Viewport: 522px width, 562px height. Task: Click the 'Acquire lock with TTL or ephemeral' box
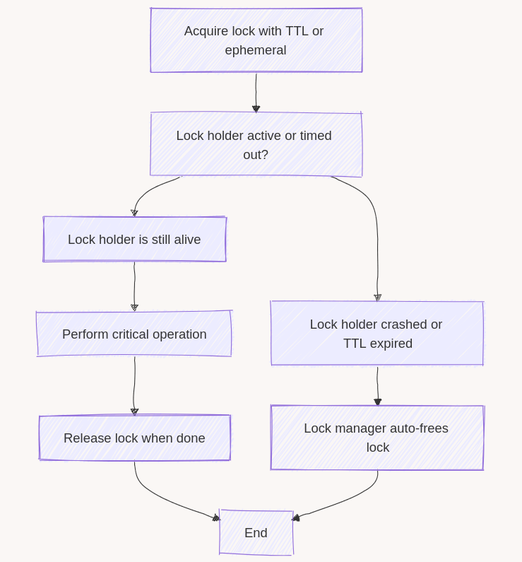[256, 40]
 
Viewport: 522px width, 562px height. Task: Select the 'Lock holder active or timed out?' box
[256, 144]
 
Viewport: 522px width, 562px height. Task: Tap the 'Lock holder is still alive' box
[134, 240]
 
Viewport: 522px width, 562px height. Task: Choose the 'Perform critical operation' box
[134, 334]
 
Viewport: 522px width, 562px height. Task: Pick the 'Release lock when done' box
[134, 438]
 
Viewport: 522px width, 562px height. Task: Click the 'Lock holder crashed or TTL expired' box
[376, 334]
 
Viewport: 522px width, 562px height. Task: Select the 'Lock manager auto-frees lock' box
[376, 438]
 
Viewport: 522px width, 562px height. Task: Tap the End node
[256, 533]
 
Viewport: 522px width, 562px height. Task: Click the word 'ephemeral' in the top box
[256, 50]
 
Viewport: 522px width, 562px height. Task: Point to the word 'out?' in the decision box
[256, 154]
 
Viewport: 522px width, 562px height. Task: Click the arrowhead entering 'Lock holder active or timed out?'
[256, 109]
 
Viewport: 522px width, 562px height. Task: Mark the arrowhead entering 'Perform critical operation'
[134, 308]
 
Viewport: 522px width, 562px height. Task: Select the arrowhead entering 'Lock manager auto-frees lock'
[378, 402]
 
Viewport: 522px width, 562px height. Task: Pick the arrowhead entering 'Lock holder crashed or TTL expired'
[378, 298]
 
